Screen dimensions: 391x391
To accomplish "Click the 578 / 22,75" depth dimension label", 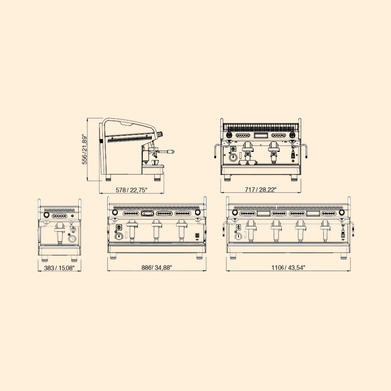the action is click(x=132, y=190).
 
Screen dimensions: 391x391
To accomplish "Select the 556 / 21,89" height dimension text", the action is click(x=85, y=149).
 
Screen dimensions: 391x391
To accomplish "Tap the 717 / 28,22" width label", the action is click(x=261, y=189).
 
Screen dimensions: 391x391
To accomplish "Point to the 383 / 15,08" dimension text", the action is click(x=60, y=268).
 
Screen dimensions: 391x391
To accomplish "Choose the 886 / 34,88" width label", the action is click(x=156, y=268).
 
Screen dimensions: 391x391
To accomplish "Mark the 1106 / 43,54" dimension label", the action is click(x=287, y=268).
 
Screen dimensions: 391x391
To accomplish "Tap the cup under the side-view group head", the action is click(x=155, y=162).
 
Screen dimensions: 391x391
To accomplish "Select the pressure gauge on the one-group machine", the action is click(x=71, y=239).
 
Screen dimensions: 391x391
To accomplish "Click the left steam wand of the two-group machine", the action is click(x=215, y=151).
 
